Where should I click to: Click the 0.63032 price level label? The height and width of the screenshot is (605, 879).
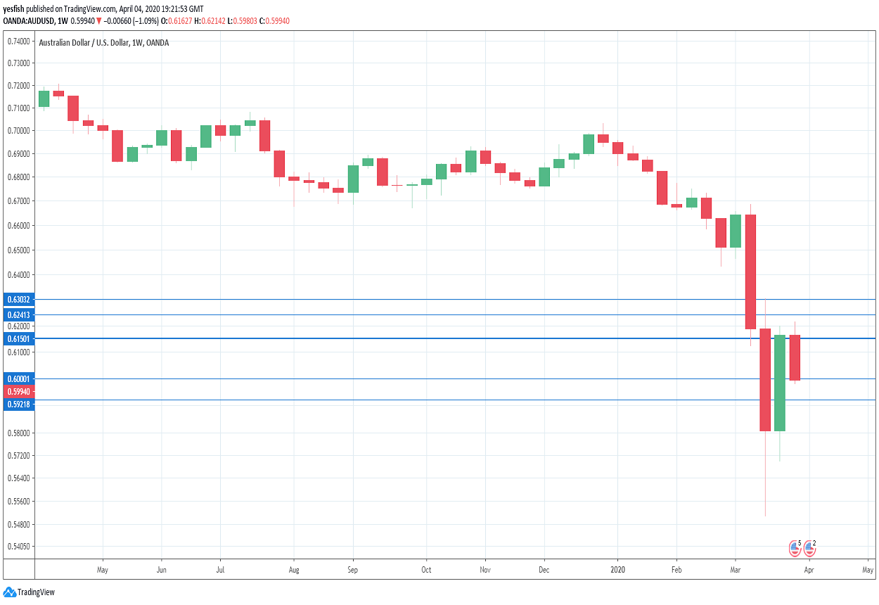click(x=18, y=299)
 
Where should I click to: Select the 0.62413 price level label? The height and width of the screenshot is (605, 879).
click(x=18, y=314)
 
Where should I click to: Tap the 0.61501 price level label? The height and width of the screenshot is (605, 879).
click(x=18, y=338)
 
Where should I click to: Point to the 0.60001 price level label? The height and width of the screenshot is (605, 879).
click(x=18, y=378)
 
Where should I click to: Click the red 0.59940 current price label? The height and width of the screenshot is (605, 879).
click(x=18, y=391)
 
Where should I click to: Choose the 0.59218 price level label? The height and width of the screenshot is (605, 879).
click(x=18, y=404)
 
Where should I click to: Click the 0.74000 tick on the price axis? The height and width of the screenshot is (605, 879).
click(x=18, y=42)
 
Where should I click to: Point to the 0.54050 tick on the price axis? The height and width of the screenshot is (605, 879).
click(x=18, y=546)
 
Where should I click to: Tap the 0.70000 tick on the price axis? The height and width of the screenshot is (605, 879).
click(x=18, y=131)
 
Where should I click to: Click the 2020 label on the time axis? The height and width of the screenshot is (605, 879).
click(x=617, y=568)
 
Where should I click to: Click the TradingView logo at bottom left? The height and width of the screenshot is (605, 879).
click(x=30, y=592)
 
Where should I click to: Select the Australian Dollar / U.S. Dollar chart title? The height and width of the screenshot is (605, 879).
click(x=103, y=43)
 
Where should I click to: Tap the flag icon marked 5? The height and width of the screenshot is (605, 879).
click(x=795, y=547)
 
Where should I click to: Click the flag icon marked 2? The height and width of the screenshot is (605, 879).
click(x=809, y=547)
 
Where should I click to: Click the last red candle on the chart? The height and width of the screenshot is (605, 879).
click(x=795, y=357)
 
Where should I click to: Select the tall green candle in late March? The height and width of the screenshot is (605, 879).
click(x=779, y=383)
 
